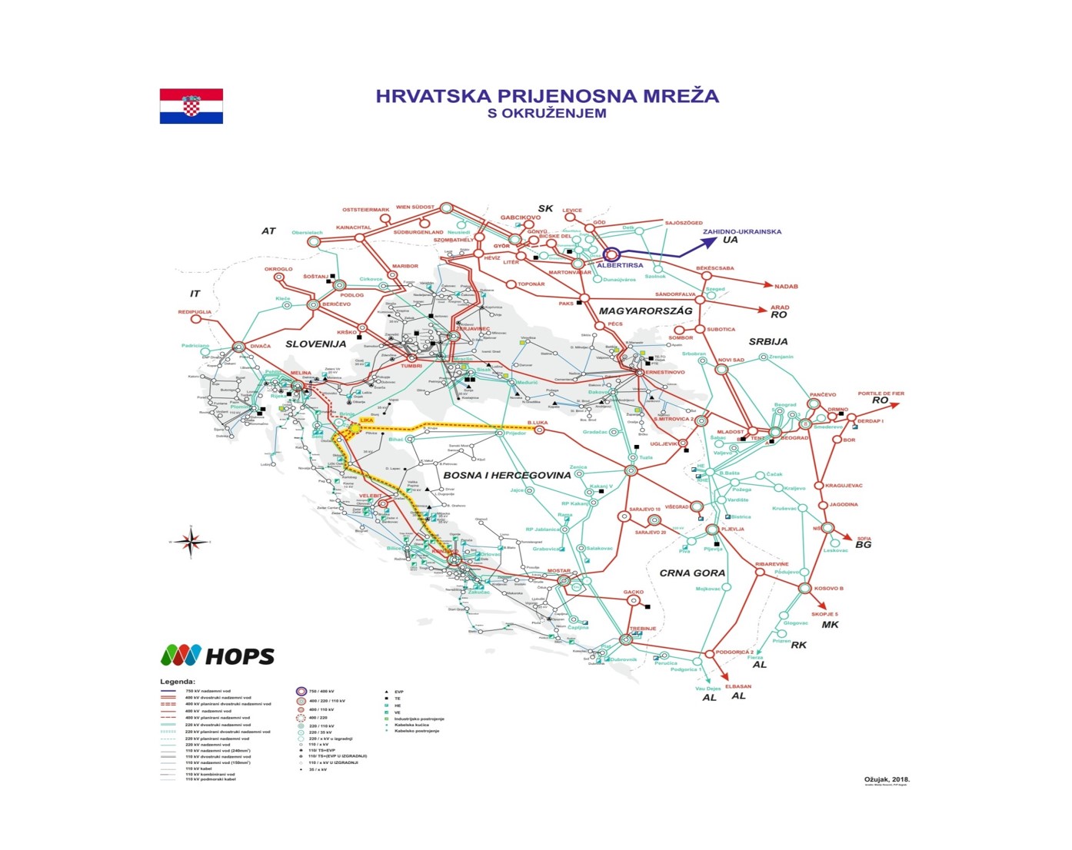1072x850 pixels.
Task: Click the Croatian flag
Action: (191, 106)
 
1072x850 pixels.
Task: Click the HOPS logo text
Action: (239, 656)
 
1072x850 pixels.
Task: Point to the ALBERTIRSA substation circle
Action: (611, 254)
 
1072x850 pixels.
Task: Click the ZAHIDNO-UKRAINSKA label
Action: (741, 231)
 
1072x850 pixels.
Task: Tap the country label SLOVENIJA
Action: (315, 344)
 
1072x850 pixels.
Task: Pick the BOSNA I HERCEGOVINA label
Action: (507, 475)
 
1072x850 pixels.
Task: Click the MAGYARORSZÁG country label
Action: (645, 310)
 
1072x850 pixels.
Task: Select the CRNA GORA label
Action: (692, 573)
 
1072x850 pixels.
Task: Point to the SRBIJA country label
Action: (767, 341)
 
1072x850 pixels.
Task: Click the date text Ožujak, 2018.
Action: (887, 779)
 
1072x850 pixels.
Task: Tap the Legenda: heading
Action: (178, 681)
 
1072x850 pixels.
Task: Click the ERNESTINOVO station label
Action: (664, 372)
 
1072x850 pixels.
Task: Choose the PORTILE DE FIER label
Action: (881, 393)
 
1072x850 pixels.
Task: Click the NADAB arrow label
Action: (786, 286)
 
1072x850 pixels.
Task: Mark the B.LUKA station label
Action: (538, 423)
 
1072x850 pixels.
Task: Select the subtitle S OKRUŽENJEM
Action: (547, 114)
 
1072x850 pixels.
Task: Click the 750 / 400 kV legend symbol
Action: (301, 691)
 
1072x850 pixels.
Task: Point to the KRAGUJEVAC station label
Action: (844, 486)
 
